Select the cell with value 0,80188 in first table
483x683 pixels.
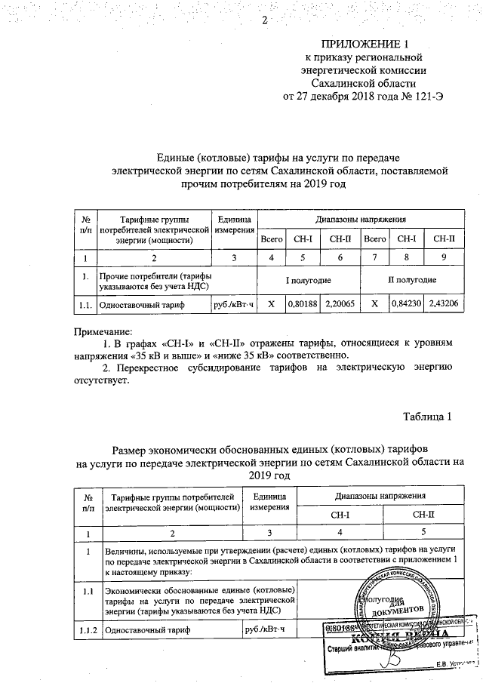coord(302,304)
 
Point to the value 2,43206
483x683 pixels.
coord(443,304)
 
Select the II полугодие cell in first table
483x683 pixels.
coord(412,278)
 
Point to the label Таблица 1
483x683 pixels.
coord(427,417)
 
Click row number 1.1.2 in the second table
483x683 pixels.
coord(89,628)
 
